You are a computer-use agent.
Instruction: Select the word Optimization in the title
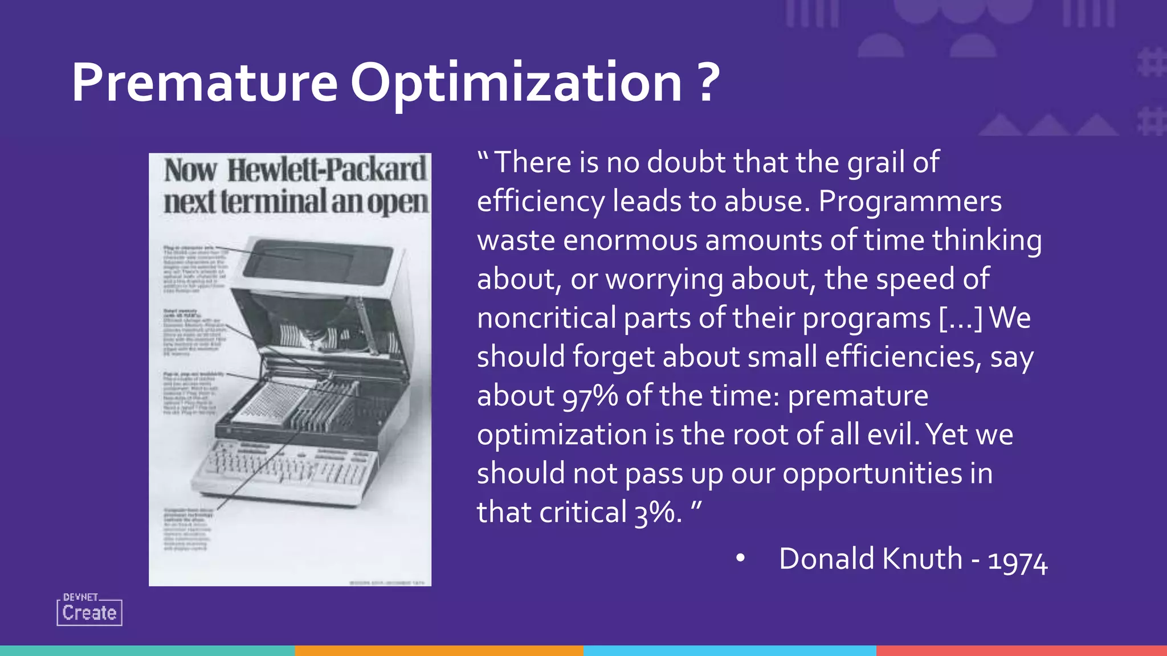coord(516,83)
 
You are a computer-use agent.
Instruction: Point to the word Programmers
coord(909,202)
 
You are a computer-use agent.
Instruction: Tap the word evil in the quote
coord(892,434)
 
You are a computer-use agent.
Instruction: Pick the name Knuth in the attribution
coord(923,559)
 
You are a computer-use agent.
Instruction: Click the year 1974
coord(1017,561)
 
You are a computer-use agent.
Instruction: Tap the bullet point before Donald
coord(740,559)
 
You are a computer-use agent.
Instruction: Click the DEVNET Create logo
coord(89,610)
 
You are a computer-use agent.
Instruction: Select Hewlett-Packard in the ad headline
coord(327,170)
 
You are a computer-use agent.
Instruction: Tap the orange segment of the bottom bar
coord(439,650)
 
